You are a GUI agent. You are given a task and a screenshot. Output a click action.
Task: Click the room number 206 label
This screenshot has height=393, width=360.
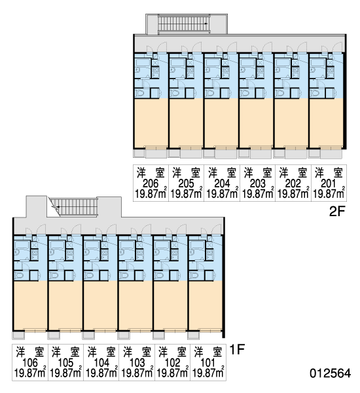(x=151, y=183)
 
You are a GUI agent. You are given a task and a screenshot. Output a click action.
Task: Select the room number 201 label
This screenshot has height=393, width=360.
(x=328, y=183)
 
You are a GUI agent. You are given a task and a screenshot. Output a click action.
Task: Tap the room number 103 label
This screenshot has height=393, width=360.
(x=137, y=363)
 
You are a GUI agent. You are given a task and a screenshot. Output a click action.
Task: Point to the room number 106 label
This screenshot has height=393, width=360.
(x=30, y=363)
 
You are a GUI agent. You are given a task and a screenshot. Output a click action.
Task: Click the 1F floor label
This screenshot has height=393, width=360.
(x=237, y=349)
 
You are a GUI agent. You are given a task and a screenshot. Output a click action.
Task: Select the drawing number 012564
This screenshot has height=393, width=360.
(x=330, y=373)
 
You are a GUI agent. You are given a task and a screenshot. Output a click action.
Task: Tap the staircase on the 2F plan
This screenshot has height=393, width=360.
(x=184, y=24)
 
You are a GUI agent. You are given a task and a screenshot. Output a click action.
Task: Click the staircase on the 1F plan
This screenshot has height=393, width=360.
(x=75, y=207)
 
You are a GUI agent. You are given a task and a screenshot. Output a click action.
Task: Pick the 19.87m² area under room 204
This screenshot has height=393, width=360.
(x=222, y=194)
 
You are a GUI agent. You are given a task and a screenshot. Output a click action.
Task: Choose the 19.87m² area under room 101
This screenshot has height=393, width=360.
(x=208, y=373)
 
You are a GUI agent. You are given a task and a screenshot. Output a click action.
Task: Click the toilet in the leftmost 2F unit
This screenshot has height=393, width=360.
(x=139, y=93)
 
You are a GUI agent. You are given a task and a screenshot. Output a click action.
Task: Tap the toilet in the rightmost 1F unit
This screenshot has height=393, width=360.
(x=194, y=276)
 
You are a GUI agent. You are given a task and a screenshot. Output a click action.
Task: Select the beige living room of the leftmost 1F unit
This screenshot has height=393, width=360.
(x=30, y=305)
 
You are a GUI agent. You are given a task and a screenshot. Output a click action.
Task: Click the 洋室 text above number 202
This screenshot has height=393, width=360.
(x=293, y=173)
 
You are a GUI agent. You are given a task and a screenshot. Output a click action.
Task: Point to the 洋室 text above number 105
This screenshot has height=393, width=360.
(x=65, y=352)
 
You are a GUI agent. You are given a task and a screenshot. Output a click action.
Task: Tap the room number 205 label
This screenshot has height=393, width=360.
(x=186, y=183)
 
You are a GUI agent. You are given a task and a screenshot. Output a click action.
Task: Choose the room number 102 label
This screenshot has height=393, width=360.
(x=173, y=363)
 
